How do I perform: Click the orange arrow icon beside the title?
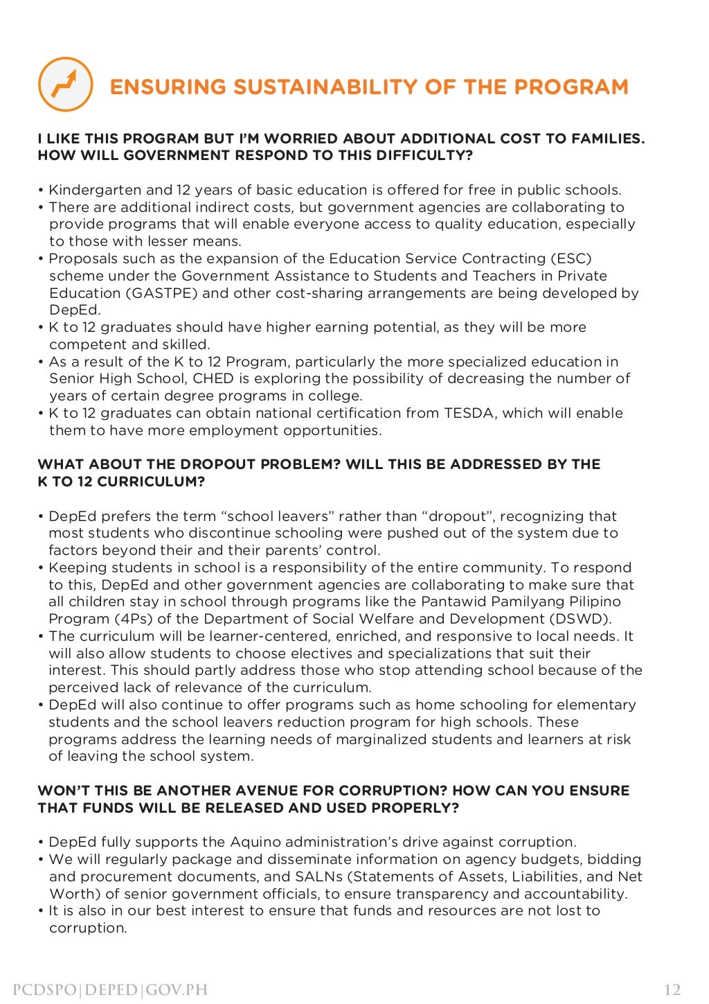click(65, 85)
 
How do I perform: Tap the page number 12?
click(672, 989)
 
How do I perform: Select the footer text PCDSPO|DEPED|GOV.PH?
click(110, 989)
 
